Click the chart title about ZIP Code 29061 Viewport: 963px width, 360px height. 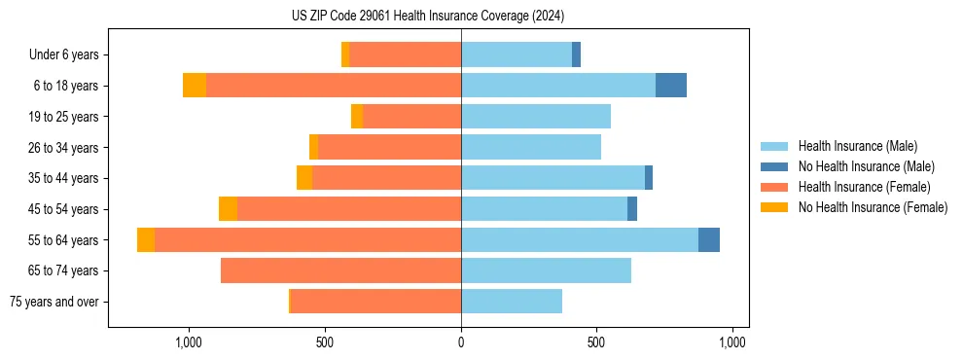click(428, 16)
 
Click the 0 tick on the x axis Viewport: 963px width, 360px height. click(461, 342)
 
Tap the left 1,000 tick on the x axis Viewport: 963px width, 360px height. click(188, 342)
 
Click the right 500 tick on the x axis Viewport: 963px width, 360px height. click(597, 342)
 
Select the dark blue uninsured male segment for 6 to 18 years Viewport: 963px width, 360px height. click(671, 86)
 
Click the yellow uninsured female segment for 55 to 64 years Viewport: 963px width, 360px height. click(146, 239)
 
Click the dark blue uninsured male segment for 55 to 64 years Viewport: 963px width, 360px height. click(709, 239)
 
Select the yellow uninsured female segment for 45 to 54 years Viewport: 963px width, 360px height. click(228, 209)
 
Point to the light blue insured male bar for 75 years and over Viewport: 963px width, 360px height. click(512, 302)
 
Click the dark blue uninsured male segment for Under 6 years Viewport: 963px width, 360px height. click(576, 55)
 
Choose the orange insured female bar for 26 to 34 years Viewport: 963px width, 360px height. click(389, 147)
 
